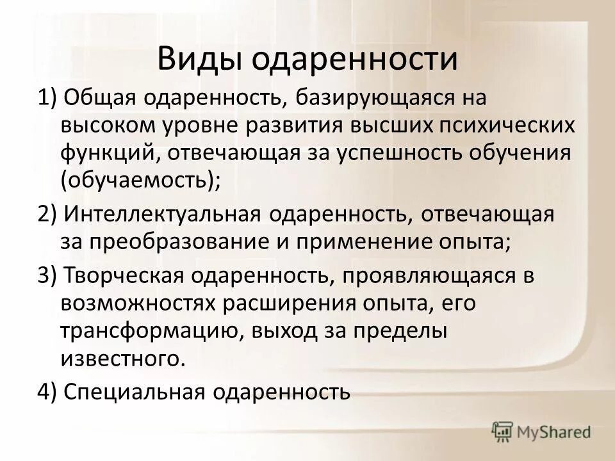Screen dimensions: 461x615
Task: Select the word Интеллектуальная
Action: tap(163, 214)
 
